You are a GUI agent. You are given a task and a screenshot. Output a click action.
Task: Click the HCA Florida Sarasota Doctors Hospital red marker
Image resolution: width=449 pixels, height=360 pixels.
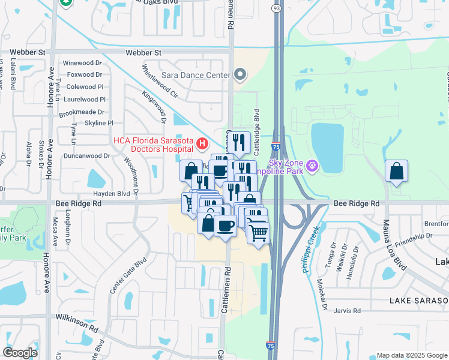click(x=202, y=144)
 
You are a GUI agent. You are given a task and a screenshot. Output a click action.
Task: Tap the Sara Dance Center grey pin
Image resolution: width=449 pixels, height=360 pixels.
click(x=240, y=75)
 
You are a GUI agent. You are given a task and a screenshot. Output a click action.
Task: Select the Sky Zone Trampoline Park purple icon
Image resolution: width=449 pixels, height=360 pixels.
click(x=312, y=164)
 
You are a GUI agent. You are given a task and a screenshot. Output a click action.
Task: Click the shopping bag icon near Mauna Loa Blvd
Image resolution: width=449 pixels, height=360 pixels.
click(x=396, y=171)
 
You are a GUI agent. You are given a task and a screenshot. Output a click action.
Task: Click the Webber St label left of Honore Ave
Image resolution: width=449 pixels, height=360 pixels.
click(x=34, y=53)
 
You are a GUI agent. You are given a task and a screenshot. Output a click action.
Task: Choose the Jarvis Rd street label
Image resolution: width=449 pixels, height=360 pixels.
click(x=348, y=311)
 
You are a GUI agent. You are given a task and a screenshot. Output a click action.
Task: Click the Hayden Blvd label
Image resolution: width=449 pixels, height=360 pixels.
click(x=111, y=194)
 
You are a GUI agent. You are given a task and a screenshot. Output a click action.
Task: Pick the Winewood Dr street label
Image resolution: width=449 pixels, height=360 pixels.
click(x=83, y=63)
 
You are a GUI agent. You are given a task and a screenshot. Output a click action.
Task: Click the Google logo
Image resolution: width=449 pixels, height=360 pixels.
click(x=20, y=352)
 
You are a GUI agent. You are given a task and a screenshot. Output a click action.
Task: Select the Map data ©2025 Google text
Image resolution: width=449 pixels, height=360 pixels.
click(x=411, y=355)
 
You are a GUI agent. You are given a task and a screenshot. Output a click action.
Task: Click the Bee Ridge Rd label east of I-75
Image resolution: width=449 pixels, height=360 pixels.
click(x=357, y=204)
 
